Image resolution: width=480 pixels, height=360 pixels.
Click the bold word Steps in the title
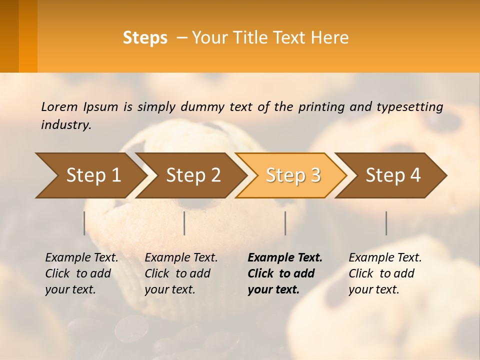pyautogui.click(x=145, y=38)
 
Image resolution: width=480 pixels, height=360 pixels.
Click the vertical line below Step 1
pyautogui.click(x=84, y=223)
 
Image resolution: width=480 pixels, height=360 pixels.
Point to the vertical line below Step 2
pyautogui.click(x=184, y=223)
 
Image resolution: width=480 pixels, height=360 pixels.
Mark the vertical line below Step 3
pyautogui.click(x=285, y=223)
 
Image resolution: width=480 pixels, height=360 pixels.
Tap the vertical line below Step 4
pyautogui.click(x=386, y=223)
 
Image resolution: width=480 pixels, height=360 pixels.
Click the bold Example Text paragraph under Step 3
pyautogui.click(x=285, y=273)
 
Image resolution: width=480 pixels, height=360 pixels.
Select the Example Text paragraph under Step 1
pyautogui.click(x=81, y=273)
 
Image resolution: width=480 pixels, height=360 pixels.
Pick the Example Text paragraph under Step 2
pyautogui.click(x=181, y=273)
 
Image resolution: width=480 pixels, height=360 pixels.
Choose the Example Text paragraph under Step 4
pyautogui.click(x=385, y=273)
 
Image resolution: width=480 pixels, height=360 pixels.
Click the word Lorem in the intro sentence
pyautogui.click(x=59, y=106)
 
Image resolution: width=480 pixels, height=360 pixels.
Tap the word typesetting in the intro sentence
pyautogui.click(x=409, y=107)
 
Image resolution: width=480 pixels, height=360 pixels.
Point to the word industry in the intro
pyautogui.click(x=66, y=124)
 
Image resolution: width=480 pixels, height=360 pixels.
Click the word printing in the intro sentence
pyautogui.click(x=321, y=107)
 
